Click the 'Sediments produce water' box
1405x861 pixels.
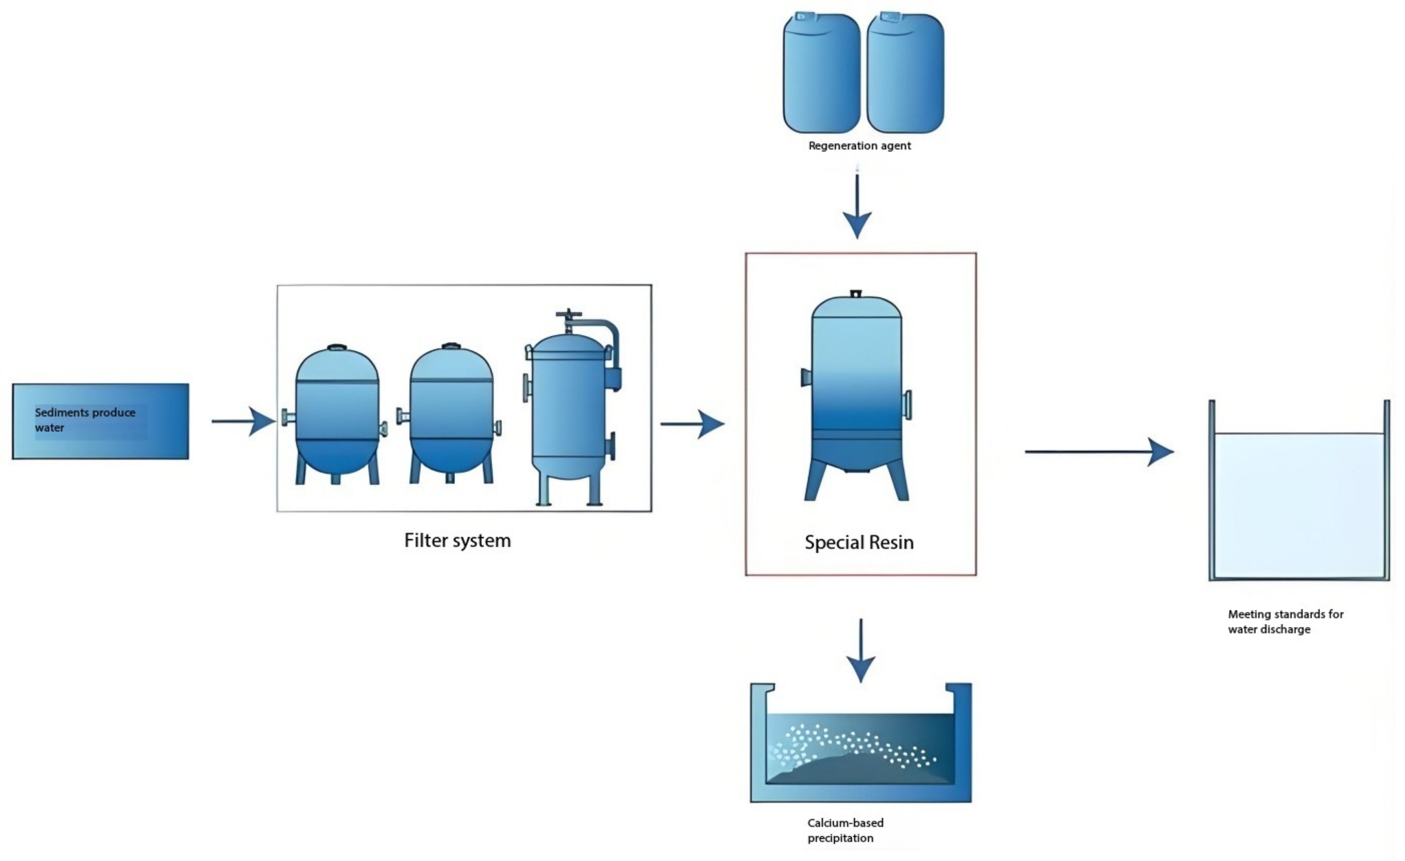click(100, 421)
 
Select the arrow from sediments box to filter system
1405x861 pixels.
click(243, 421)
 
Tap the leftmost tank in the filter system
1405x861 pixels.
click(337, 415)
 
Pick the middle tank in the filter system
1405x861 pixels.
click(451, 415)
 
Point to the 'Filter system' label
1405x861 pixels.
click(457, 541)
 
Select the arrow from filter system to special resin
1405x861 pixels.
click(692, 424)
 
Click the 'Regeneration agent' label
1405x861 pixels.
click(860, 146)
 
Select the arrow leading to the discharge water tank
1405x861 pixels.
click(1099, 451)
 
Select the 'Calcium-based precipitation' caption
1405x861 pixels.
click(845, 830)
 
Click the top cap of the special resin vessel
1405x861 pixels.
click(856, 294)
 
